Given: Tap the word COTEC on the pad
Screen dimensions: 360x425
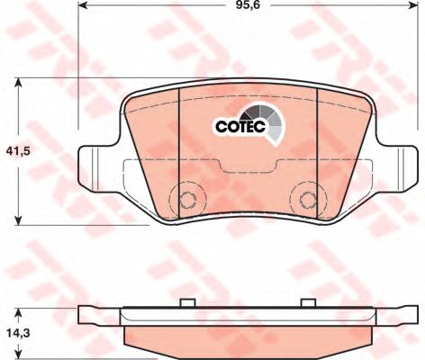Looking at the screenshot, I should [238, 127].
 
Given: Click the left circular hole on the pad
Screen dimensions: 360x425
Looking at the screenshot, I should [188, 201].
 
